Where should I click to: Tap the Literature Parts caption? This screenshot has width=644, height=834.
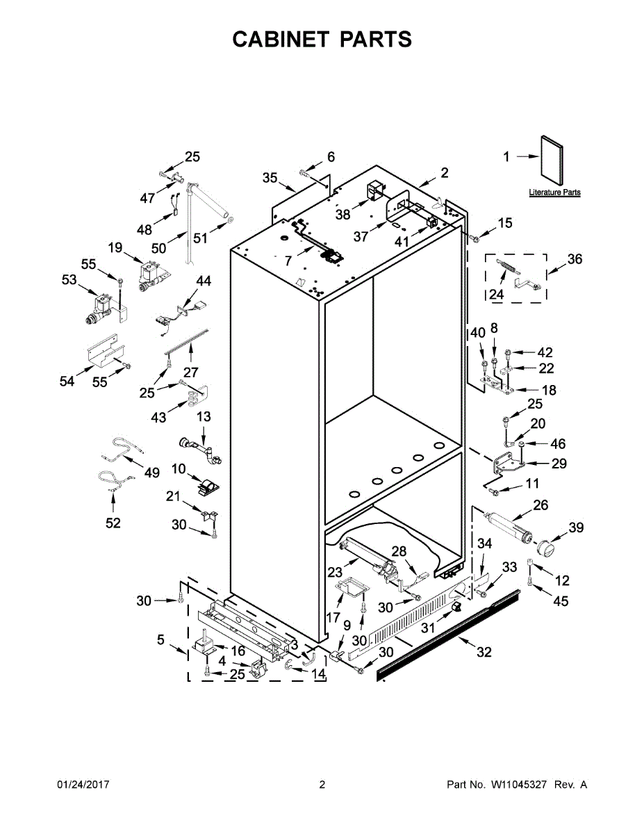(x=554, y=193)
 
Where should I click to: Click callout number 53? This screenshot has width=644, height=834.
(x=69, y=279)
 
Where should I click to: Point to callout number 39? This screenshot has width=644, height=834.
(x=576, y=528)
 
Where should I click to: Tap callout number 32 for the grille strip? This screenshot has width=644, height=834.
(x=484, y=652)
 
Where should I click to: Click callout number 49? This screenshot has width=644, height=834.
(x=151, y=473)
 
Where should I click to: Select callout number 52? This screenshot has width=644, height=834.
(x=113, y=523)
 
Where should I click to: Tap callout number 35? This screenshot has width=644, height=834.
(x=270, y=177)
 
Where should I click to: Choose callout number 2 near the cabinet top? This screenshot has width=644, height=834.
(x=444, y=172)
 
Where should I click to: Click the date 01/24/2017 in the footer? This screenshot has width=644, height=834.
(x=83, y=785)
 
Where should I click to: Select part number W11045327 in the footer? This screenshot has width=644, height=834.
(x=520, y=785)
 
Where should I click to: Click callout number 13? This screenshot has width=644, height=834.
(x=203, y=416)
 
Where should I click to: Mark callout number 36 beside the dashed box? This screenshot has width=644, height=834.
(x=575, y=259)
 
